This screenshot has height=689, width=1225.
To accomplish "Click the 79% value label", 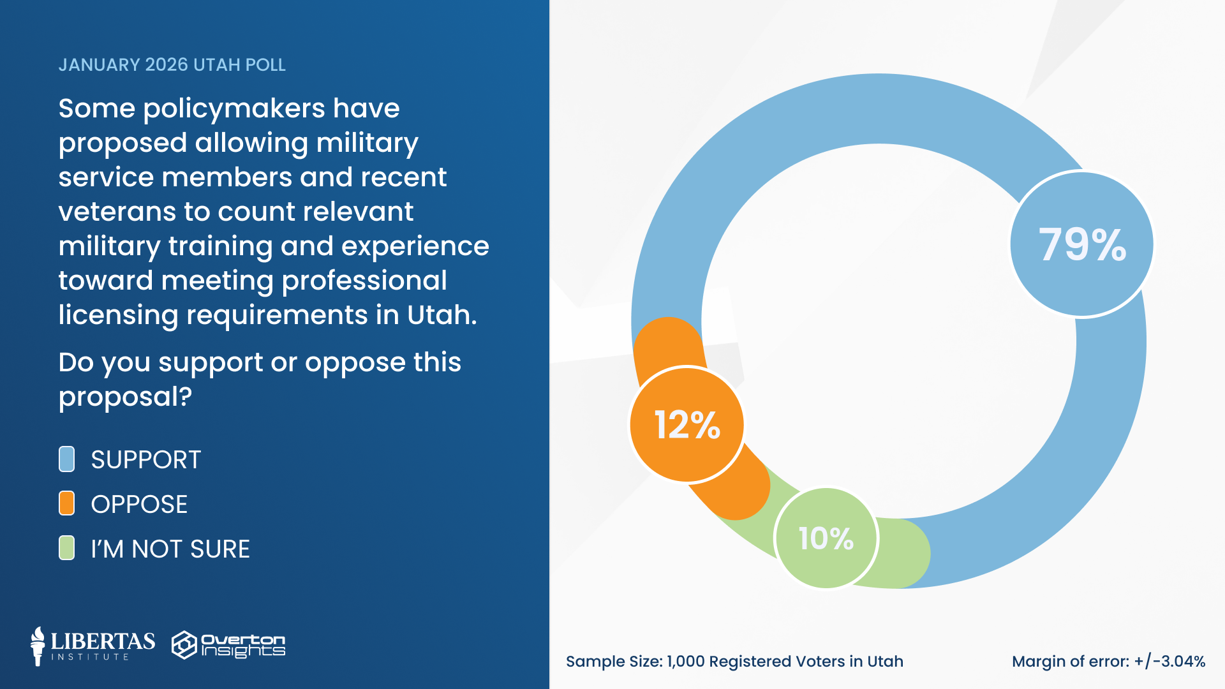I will click(1082, 245).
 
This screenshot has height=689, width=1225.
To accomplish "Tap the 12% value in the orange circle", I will click(687, 425).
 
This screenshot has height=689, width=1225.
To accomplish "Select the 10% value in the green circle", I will click(826, 538).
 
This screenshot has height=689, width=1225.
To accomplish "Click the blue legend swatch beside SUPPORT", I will click(66, 459).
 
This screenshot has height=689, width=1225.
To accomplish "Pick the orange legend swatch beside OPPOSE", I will click(66, 503).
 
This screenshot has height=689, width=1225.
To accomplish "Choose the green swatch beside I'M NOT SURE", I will click(66, 548).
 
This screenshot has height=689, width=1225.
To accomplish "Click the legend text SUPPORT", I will click(145, 460).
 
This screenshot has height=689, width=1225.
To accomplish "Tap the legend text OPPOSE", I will click(139, 505).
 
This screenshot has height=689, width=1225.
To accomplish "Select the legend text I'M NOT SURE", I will click(170, 549).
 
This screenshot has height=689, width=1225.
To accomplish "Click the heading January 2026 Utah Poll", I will click(172, 65).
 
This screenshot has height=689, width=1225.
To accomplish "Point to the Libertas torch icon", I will click(38, 646).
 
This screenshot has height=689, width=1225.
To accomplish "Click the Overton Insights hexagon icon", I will click(184, 645).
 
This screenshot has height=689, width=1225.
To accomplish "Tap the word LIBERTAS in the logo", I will click(103, 641).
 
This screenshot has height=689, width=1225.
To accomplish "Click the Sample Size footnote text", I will click(734, 662).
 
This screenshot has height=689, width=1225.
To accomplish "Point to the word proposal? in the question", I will click(125, 397).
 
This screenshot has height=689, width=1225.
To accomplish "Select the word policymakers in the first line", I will click(234, 109).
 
